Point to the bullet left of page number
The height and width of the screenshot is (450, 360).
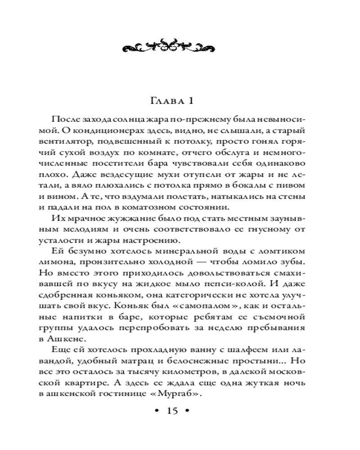(156, 411)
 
